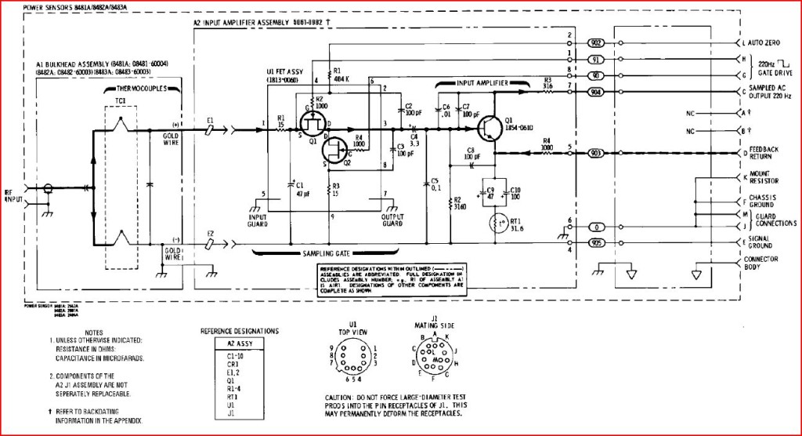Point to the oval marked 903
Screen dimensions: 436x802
[595, 151]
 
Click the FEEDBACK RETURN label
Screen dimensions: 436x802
[764, 151]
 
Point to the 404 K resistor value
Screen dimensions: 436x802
[341, 79]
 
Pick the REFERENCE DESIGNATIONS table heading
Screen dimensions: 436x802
[239, 332]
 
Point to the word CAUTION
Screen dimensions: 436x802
[341, 398]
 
